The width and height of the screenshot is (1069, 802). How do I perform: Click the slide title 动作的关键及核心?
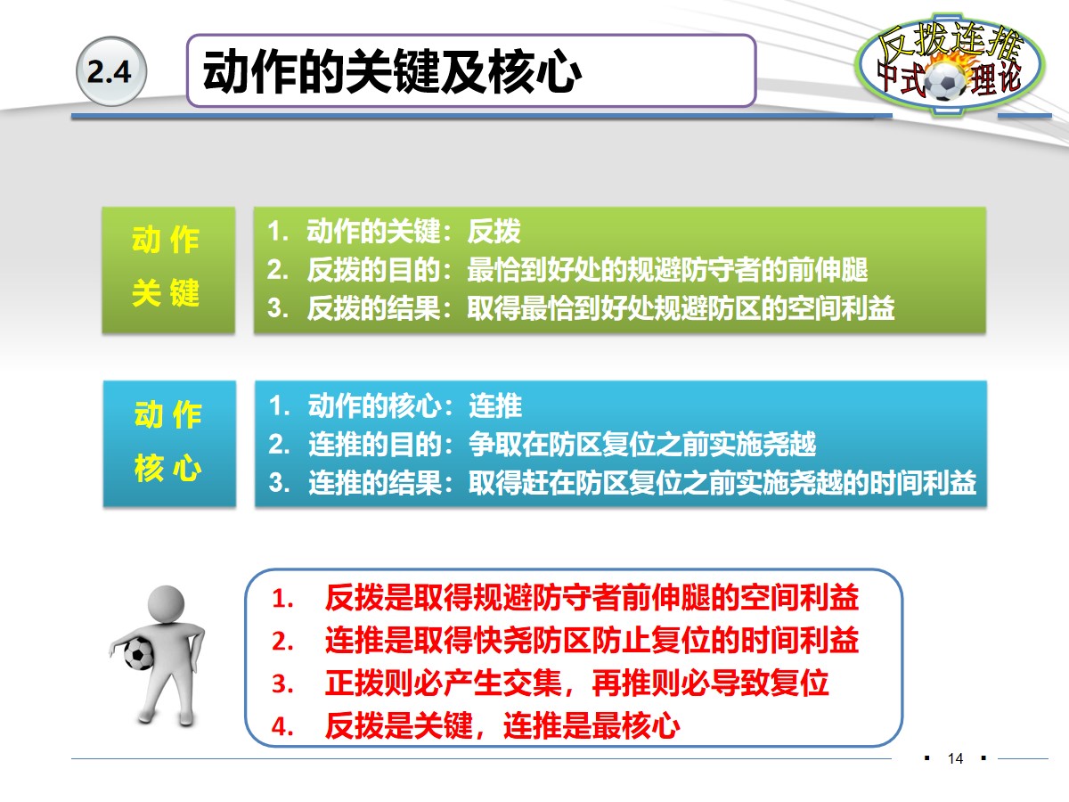click(x=392, y=72)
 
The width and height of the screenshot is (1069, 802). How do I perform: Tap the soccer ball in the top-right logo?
click(x=944, y=83)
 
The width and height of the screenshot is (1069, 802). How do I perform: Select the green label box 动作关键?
click(x=167, y=269)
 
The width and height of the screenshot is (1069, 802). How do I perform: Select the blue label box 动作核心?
click(x=168, y=443)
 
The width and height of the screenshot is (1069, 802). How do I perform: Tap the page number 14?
click(x=956, y=759)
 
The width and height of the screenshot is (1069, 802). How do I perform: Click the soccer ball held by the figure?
click(x=139, y=653)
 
